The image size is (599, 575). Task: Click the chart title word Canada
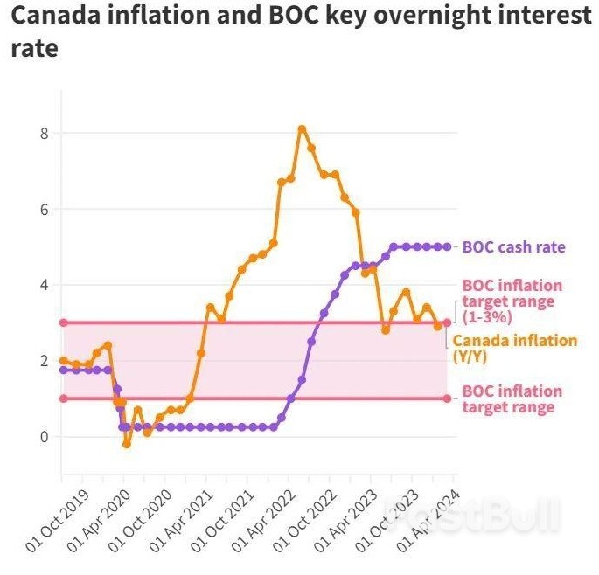click(x=58, y=15)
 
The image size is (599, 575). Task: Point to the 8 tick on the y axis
click(x=45, y=133)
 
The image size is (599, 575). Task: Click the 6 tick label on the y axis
click(x=45, y=209)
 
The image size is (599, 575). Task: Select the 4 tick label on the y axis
click(x=45, y=285)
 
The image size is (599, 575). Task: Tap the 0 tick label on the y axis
click(x=45, y=437)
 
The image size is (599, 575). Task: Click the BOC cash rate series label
click(x=514, y=247)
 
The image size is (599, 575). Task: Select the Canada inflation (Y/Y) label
click(x=514, y=348)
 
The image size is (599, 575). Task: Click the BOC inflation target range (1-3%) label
click(x=512, y=301)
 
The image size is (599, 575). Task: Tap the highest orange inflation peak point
click(x=303, y=129)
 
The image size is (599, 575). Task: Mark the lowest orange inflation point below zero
click(x=127, y=445)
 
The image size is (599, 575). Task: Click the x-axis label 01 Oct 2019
click(x=58, y=520)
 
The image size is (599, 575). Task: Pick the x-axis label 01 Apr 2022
click(x=263, y=520)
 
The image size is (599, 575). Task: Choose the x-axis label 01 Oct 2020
click(x=140, y=520)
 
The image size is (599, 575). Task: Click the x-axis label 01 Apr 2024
click(x=428, y=520)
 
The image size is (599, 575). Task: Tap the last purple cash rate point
click(x=448, y=247)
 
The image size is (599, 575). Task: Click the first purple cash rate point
click(x=64, y=370)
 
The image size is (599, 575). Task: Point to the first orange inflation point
click(x=64, y=360)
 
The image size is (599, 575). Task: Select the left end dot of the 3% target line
click(x=64, y=322)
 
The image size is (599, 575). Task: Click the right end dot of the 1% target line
click(x=448, y=398)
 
